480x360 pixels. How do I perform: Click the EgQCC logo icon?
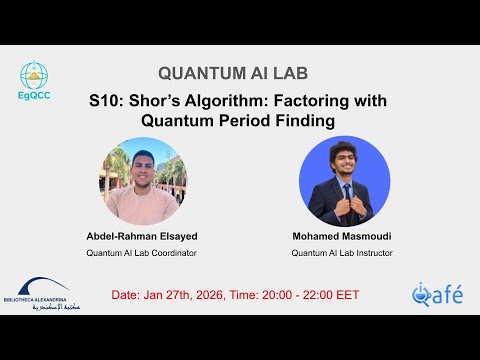[36, 78]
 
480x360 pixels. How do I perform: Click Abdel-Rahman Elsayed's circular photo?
[143, 181]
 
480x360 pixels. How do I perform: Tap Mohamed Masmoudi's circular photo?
[344, 181]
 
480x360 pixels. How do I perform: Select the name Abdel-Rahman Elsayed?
[142, 236]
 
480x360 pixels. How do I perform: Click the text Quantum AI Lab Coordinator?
[142, 253]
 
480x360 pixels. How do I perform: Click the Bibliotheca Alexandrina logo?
[42, 292]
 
